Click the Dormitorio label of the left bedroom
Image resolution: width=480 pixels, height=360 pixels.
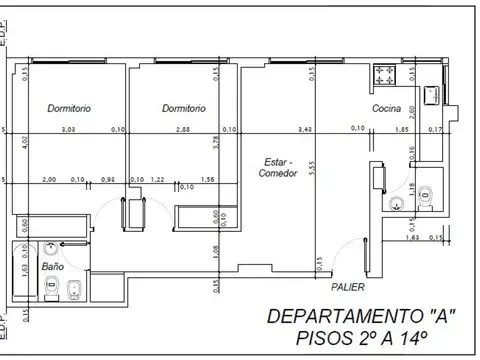coord(68,107)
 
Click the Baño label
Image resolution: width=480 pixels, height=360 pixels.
coord(52,267)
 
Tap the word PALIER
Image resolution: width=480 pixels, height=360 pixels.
coord(348,286)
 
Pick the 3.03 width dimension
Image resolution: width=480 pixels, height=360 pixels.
coord(68,129)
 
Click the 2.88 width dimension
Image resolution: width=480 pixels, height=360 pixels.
coord(183,129)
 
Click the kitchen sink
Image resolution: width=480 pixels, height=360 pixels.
coord(434,95)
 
